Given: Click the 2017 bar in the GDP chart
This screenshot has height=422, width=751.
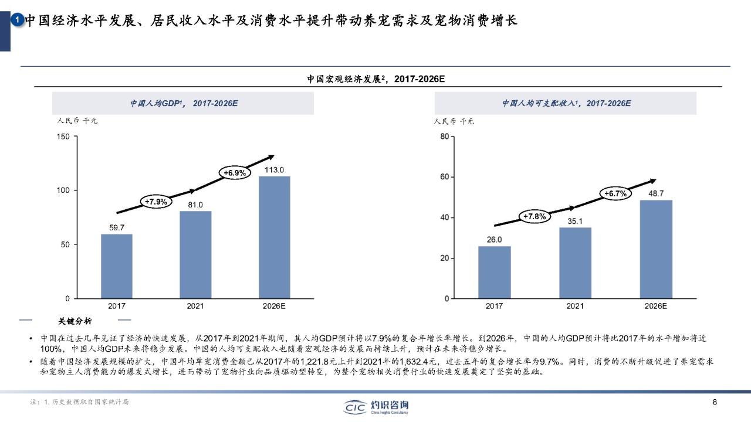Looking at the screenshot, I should tap(117, 266).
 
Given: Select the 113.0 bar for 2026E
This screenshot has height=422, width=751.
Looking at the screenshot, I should tap(274, 237).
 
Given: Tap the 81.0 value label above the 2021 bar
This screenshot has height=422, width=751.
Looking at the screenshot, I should tap(195, 205).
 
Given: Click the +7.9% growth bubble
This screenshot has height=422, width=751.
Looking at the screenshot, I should tap(156, 202).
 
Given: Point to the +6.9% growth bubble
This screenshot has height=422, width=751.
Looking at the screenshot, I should tap(235, 173).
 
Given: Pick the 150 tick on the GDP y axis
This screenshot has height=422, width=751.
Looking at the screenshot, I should tap(63, 137).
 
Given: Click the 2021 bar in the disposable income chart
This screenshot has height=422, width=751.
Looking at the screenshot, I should tap(575, 263).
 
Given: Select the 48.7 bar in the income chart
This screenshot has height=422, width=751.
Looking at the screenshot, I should tap(656, 249).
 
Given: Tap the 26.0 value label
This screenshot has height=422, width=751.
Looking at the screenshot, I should tap(494, 239).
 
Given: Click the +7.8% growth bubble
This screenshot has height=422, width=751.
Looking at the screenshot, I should tap(534, 217).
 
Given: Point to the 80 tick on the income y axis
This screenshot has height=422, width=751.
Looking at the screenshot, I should tap(444, 137).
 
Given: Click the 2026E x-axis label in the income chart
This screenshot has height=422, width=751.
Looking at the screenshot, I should tap(656, 306).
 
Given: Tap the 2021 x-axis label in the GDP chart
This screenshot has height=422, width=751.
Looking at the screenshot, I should tap(195, 306).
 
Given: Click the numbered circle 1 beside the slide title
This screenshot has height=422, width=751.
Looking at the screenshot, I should tap(18, 21).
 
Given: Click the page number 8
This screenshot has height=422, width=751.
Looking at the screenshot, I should tap(714, 402).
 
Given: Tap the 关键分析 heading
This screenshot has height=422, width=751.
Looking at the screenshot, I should tap(75, 321).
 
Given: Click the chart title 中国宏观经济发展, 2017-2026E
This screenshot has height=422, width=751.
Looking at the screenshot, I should tap(375, 79).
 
